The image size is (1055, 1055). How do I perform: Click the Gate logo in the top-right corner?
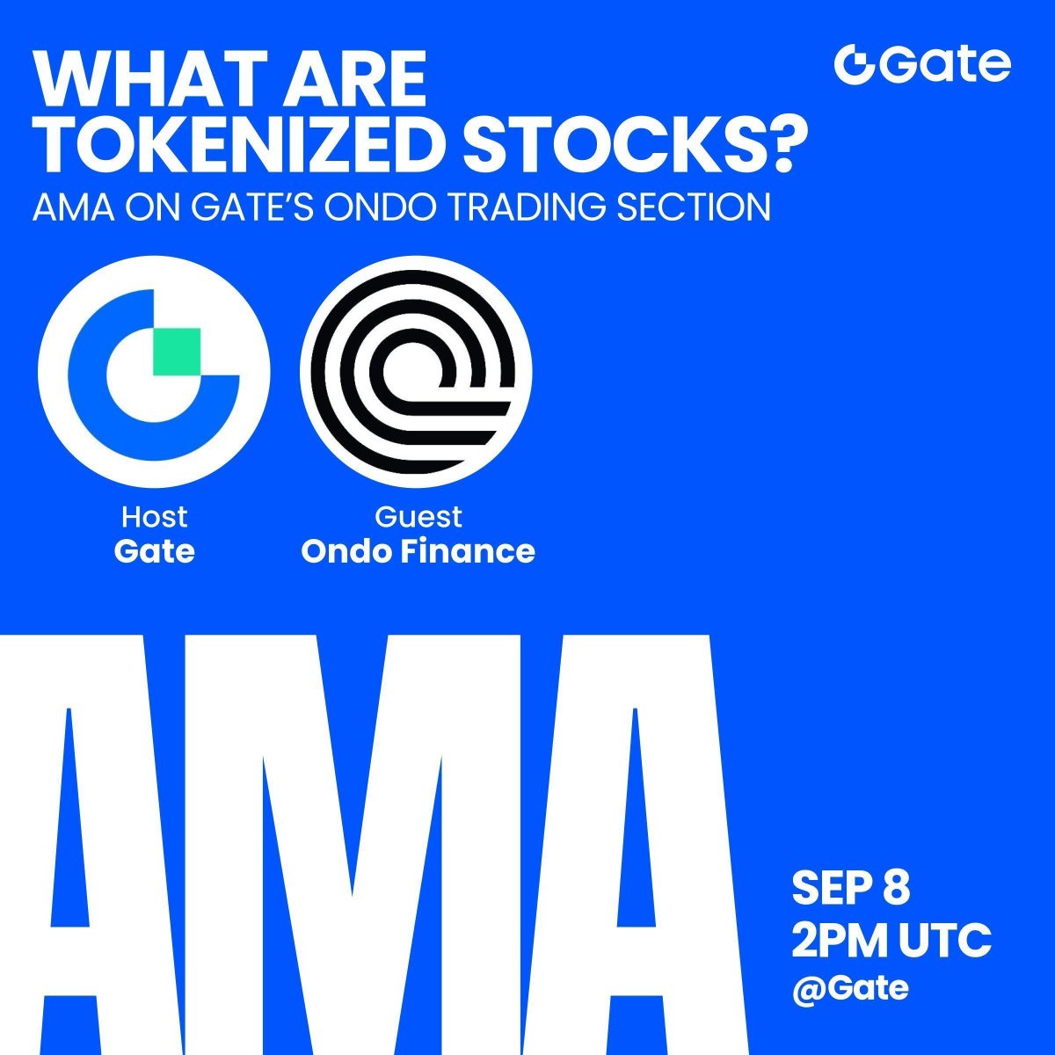coord(922,64)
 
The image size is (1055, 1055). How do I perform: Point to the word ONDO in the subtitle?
coord(378,207)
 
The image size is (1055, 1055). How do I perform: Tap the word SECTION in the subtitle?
coord(695,207)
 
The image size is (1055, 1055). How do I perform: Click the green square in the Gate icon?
coord(177,352)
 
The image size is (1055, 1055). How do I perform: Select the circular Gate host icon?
coord(154,372)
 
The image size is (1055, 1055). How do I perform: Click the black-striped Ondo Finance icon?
coord(416,372)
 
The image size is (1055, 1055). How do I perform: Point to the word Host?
coord(155,517)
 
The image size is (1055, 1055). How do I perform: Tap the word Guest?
coord(418,517)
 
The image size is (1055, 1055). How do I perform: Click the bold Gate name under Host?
coord(155,551)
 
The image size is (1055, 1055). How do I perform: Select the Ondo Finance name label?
coord(418,551)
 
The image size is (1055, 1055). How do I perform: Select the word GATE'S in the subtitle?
coord(251,207)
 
